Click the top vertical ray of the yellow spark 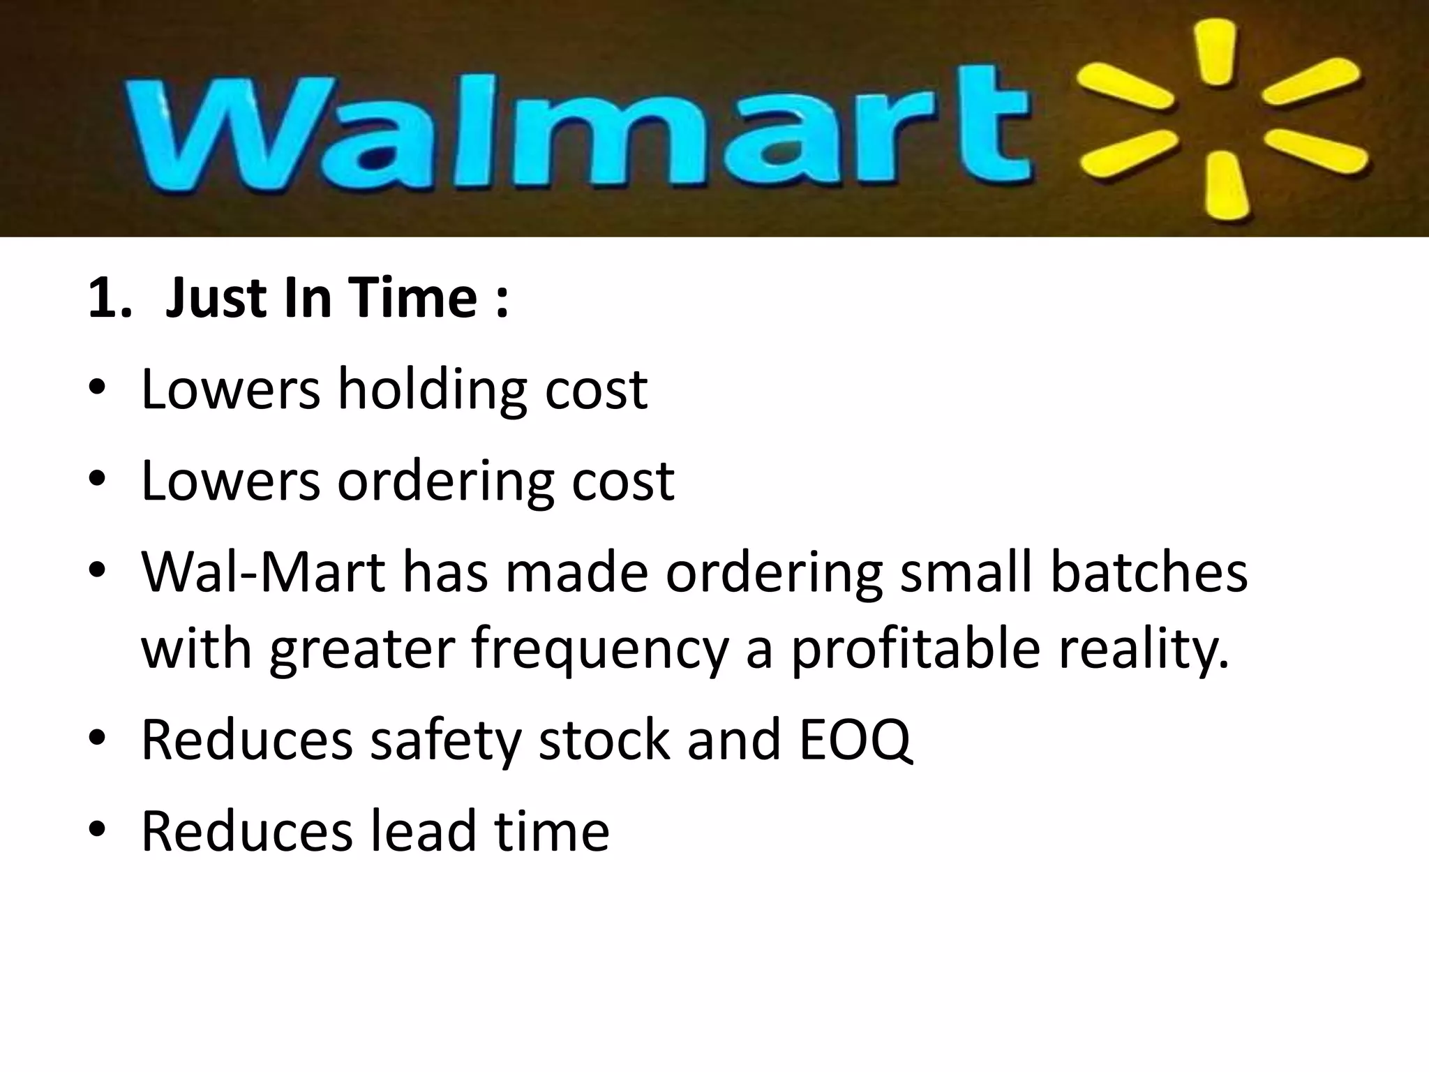pyautogui.click(x=1215, y=52)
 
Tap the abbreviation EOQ pyautogui.click(x=855, y=740)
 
